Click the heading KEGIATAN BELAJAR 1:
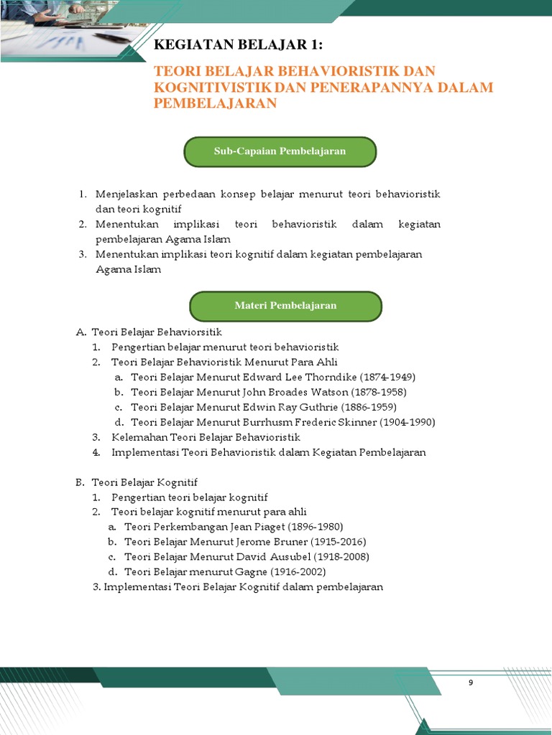(x=238, y=46)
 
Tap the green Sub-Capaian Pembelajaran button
(x=280, y=151)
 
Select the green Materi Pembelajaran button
(x=285, y=306)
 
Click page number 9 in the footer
(x=471, y=683)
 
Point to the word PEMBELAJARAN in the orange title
(x=216, y=103)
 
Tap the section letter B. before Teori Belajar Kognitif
(x=80, y=482)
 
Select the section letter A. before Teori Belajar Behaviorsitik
(x=80, y=332)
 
